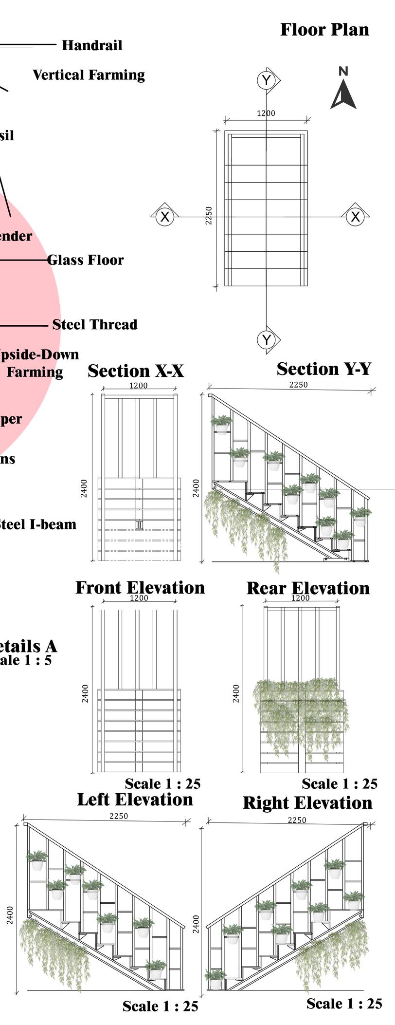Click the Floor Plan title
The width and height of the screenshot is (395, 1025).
tap(324, 30)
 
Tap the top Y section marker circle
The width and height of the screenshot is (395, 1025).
tap(266, 80)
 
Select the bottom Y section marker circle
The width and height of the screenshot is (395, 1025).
tap(266, 339)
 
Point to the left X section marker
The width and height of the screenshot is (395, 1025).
tap(165, 216)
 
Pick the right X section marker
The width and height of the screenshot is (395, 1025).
tap(356, 216)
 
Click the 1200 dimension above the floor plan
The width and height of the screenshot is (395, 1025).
tap(266, 113)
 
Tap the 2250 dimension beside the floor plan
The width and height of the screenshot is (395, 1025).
tap(209, 216)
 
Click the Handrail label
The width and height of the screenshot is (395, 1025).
tap(92, 46)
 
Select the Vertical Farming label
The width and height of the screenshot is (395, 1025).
tap(89, 75)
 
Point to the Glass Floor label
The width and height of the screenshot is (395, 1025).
tap(86, 260)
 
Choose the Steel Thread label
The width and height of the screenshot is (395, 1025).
tap(95, 324)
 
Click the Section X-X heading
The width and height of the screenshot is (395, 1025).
tap(136, 371)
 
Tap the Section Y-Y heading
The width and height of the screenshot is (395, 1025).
tap(324, 369)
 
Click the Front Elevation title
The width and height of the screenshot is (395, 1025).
tap(140, 588)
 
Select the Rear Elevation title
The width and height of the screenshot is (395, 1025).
tap(308, 588)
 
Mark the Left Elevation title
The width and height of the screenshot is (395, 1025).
tap(135, 800)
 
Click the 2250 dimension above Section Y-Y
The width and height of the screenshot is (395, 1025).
tap(298, 385)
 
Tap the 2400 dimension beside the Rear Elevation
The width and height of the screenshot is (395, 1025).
tap(236, 693)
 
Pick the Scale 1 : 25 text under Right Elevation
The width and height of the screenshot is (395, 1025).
tap(344, 1003)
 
